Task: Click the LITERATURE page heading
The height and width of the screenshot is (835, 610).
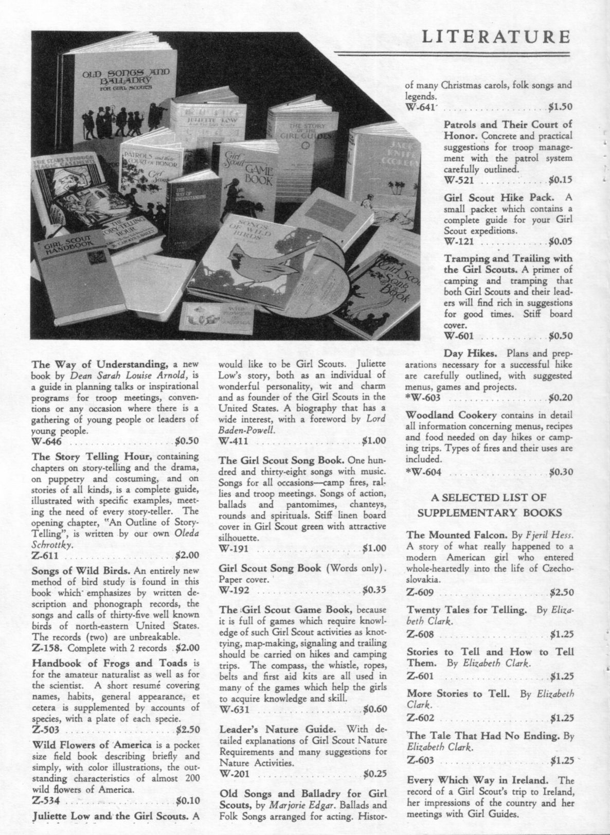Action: (x=496, y=37)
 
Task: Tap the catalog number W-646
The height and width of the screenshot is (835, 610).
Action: (x=47, y=441)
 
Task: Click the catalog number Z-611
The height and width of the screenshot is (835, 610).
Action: (x=46, y=556)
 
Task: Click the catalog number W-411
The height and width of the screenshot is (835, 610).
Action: (x=234, y=440)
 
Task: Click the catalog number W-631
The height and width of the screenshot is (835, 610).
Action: (x=234, y=709)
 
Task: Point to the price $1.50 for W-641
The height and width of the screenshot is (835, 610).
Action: (x=560, y=108)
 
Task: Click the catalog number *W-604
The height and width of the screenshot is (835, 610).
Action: (x=423, y=472)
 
